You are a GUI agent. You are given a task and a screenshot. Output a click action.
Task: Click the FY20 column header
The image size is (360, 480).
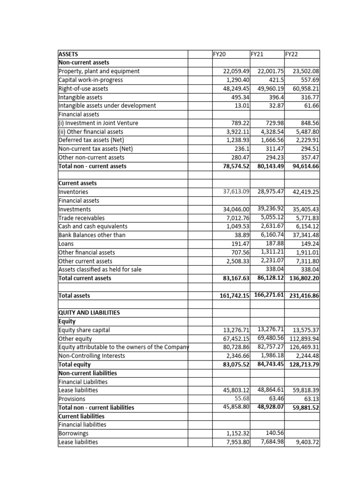[x=219, y=54]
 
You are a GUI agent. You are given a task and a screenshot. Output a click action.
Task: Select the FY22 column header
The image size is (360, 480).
[x=292, y=54]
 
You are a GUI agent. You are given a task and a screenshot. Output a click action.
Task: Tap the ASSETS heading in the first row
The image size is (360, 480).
[x=68, y=54]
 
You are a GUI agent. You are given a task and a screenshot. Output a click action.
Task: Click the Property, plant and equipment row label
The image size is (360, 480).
[x=99, y=71]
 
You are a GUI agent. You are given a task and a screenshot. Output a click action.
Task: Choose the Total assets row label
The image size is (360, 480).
[x=74, y=296]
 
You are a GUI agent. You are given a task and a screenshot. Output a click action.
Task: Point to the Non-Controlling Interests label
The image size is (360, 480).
[x=91, y=356]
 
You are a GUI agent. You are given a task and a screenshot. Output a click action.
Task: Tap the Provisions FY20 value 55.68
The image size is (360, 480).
[x=241, y=398]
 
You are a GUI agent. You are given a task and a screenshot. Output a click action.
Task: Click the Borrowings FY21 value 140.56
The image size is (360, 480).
[x=275, y=433]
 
